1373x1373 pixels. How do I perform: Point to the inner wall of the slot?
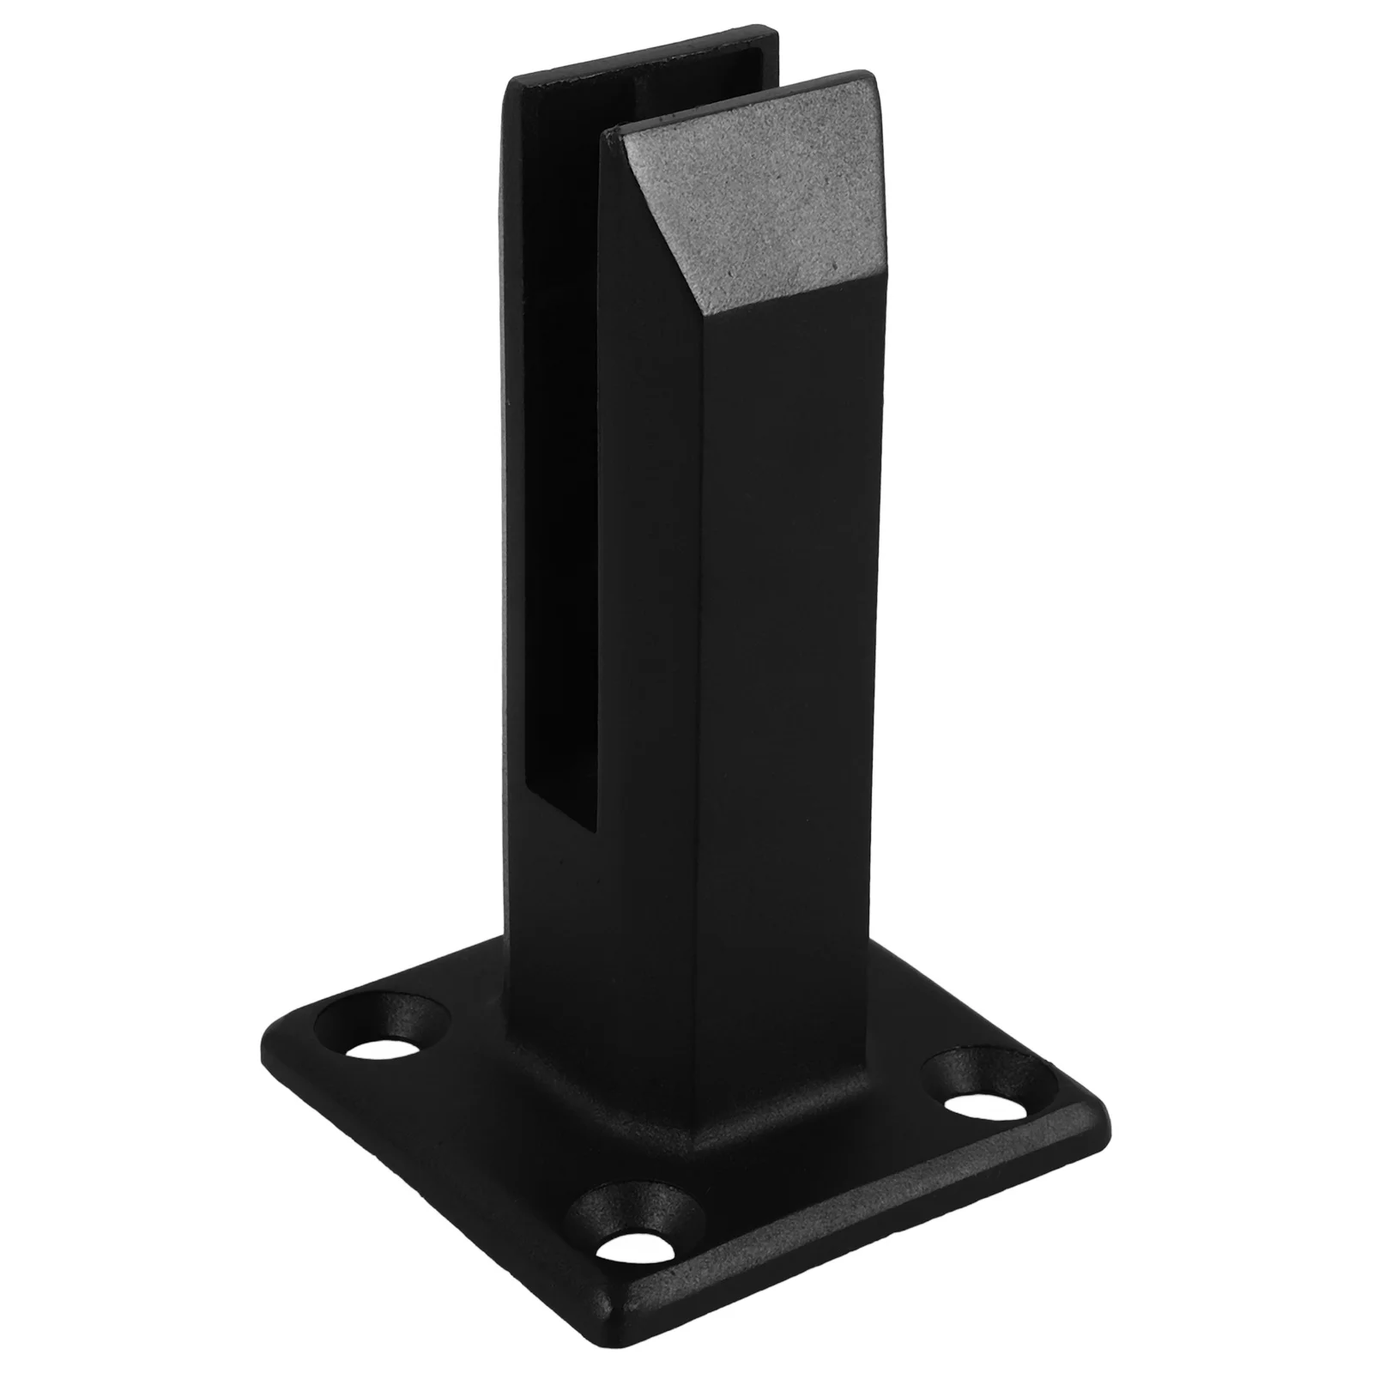(x=558, y=429)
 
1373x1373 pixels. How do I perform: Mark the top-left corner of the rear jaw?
(x=511, y=82)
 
